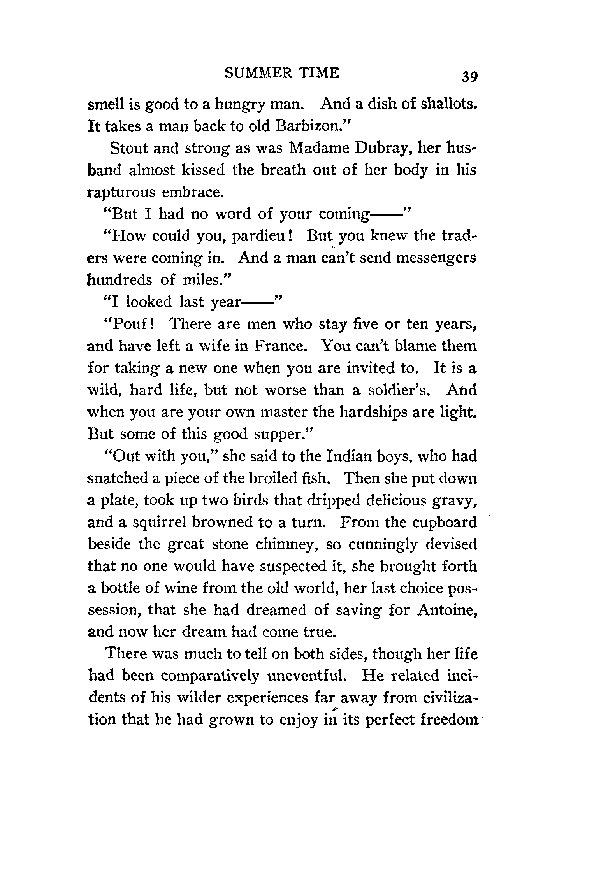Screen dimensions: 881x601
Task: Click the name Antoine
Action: coord(447,610)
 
